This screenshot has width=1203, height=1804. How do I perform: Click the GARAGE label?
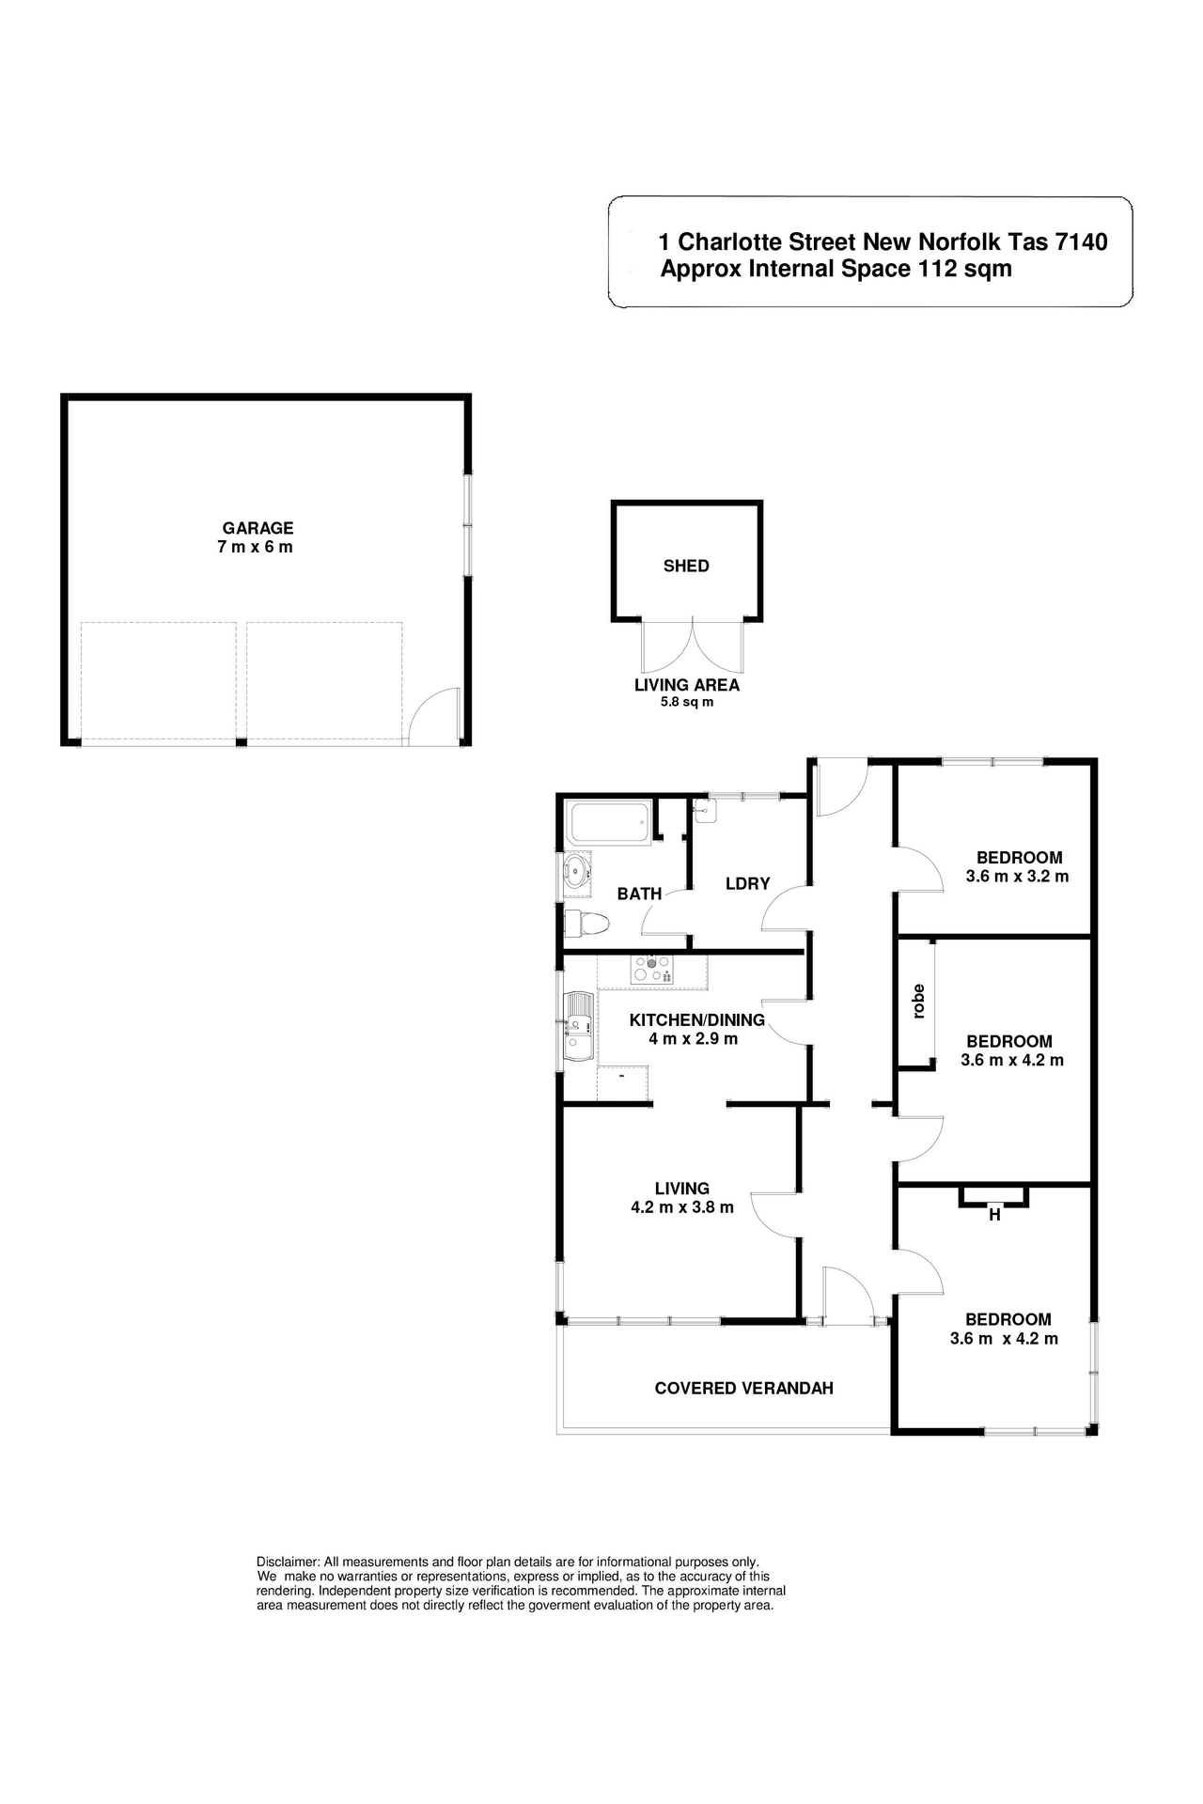coord(258,528)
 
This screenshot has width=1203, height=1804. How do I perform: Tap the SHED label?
coord(686,566)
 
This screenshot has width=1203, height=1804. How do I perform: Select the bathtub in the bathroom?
coord(609,822)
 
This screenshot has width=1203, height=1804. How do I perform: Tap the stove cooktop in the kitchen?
coord(652,969)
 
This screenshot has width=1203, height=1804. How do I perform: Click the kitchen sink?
coord(578,1026)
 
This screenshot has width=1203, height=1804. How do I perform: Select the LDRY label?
coord(747,883)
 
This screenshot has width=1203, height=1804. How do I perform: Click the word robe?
coord(918,1001)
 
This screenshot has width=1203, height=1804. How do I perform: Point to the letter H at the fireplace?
coord(994,1215)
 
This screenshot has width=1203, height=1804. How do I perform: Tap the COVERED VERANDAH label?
coord(743,1388)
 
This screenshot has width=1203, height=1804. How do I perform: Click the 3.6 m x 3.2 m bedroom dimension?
coord(1017,876)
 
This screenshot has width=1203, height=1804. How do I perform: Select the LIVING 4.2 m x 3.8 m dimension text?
coord(682,1207)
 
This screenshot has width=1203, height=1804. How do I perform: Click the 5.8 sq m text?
coord(687,702)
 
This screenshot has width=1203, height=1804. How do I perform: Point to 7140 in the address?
coord(1082,241)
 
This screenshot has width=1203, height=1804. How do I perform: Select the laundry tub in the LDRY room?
coord(705,810)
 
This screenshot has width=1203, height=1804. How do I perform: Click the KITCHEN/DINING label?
coord(696,1019)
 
